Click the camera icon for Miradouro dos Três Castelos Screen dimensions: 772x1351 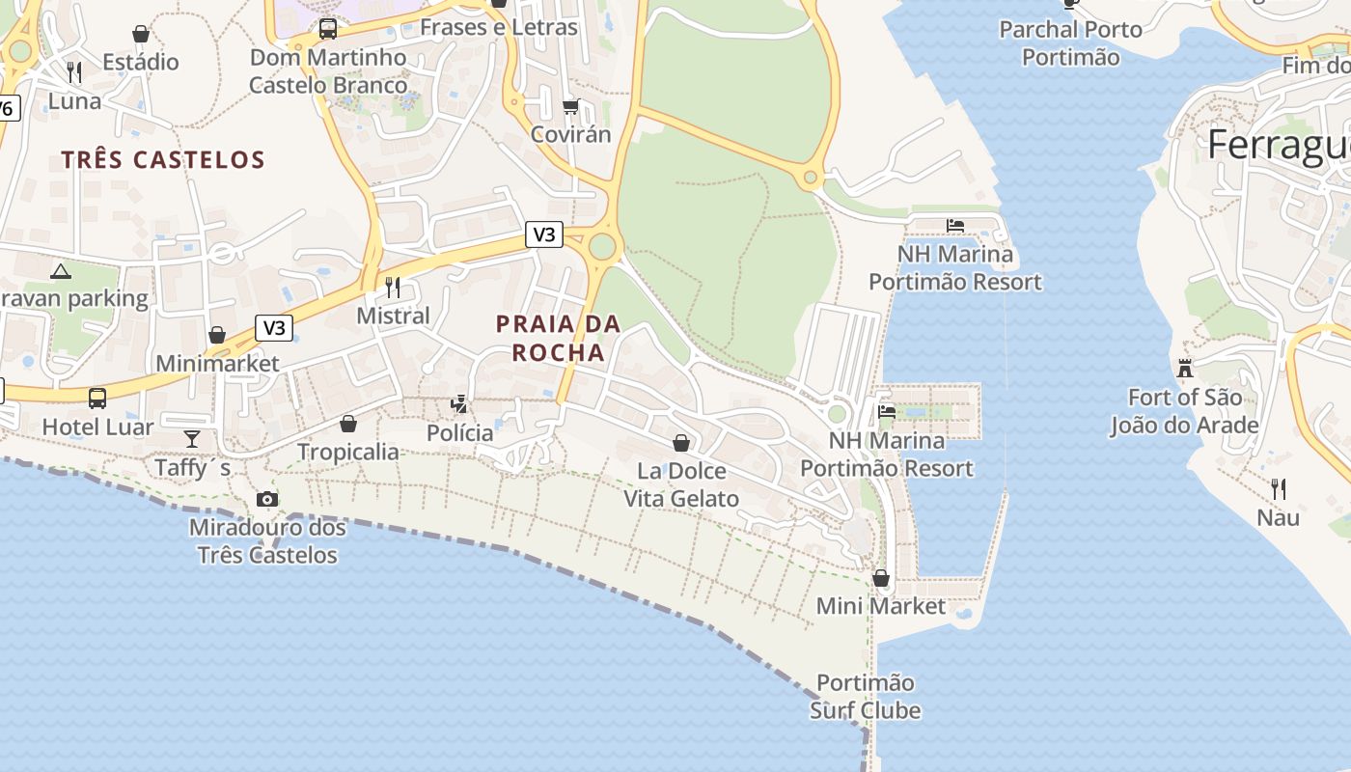(x=267, y=499)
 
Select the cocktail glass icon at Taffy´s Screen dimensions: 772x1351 (x=192, y=439)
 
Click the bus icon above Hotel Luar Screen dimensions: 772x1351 (x=97, y=398)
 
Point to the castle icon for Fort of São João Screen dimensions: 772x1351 (x=1185, y=368)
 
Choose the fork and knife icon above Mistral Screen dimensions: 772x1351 (x=393, y=287)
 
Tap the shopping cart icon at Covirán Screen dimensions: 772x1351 (x=571, y=106)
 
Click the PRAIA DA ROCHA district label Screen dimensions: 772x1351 (x=559, y=338)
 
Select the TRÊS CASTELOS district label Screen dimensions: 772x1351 (x=163, y=159)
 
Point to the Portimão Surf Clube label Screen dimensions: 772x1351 (x=866, y=697)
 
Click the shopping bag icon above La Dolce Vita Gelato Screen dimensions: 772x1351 (x=681, y=443)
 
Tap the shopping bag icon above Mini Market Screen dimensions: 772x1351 (x=881, y=578)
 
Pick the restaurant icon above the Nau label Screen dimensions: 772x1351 (x=1279, y=488)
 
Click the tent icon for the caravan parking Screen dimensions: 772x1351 (x=61, y=271)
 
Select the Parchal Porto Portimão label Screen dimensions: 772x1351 (x=1071, y=43)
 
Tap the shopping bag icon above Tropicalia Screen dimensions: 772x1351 (x=348, y=424)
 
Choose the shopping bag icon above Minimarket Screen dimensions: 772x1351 (x=217, y=335)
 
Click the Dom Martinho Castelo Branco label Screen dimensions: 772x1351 (x=328, y=71)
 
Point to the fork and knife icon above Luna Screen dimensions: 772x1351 (x=74, y=71)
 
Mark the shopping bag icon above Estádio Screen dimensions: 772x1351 (x=141, y=34)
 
